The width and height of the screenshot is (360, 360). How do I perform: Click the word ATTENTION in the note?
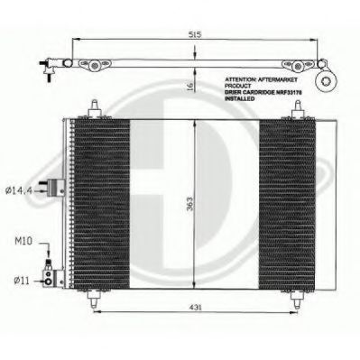pyautogui.click(x=241, y=79)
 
